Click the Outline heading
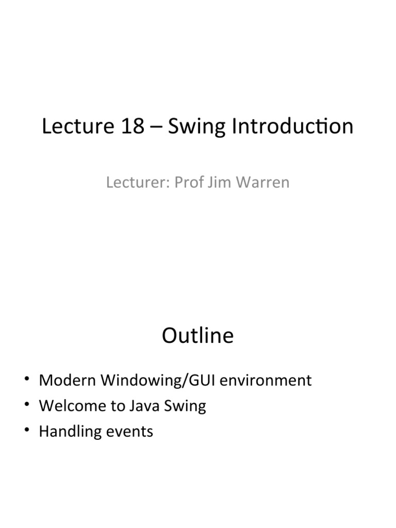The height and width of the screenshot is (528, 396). coord(197,336)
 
